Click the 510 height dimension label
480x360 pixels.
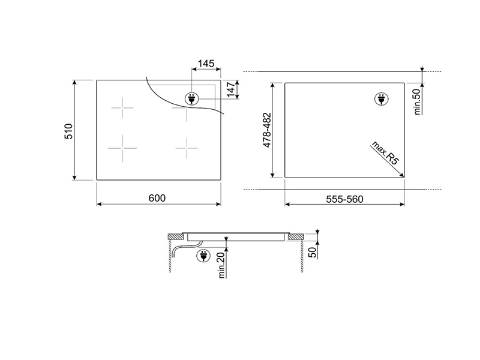(x=68, y=130)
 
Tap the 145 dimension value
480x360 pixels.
(x=206, y=64)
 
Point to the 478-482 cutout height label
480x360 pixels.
(x=268, y=130)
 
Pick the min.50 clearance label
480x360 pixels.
(x=418, y=100)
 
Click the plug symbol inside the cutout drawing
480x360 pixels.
(x=381, y=99)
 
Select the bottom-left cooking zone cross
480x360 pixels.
(x=123, y=148)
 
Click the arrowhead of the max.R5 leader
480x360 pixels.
(x=402, y=175)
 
